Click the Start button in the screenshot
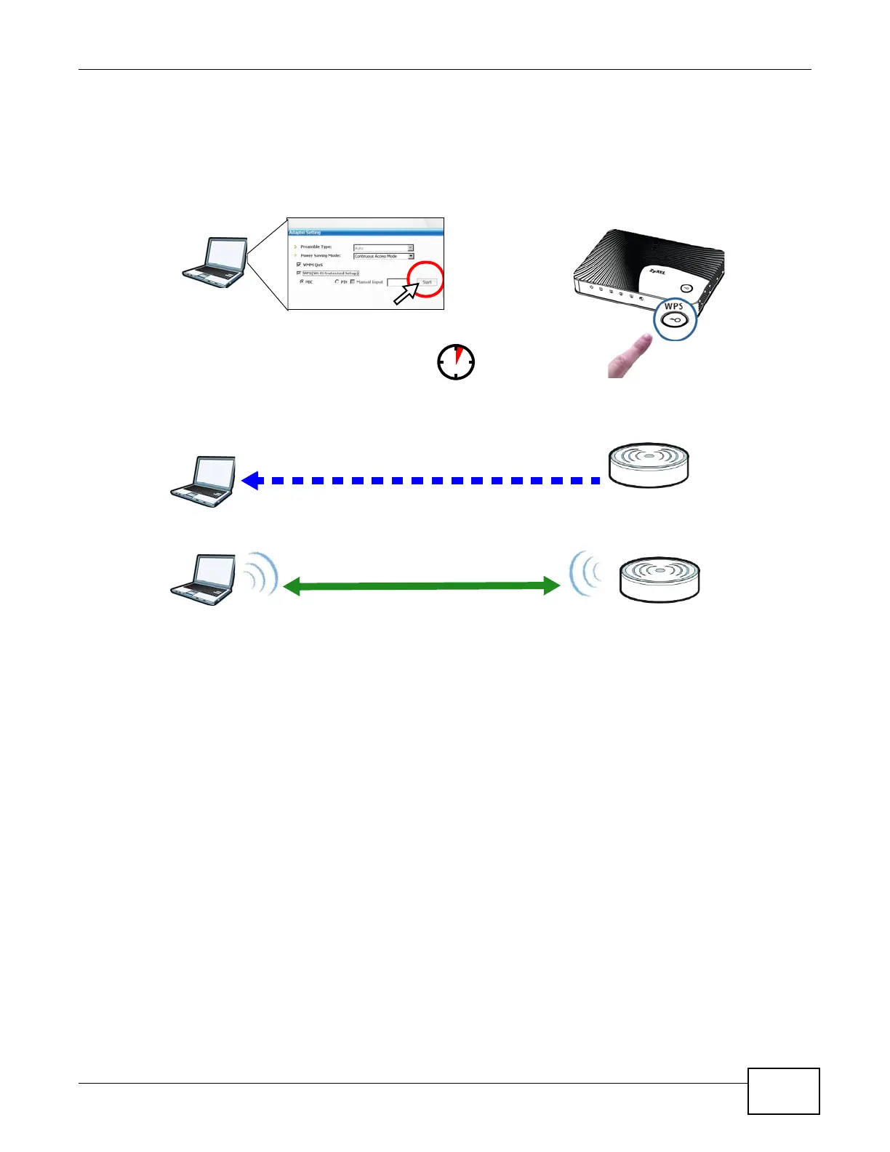[x=427, y=282]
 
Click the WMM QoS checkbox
[x=299, y=265]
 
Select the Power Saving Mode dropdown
[x=383, y=256]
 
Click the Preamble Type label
[x=316, y=247]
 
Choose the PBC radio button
[x=302, y=281]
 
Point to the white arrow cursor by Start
[x=405, y=294]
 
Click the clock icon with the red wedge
[x=456, y=361]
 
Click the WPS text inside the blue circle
[x=674, y=307]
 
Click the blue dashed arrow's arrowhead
[x=251, y=481]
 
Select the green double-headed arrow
[x=421, y=586]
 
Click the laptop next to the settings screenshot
[x=215, y=262]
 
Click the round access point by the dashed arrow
[x=648, y=465]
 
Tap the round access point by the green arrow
[x=659, y=579]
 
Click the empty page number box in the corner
[x=783, y=1091]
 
